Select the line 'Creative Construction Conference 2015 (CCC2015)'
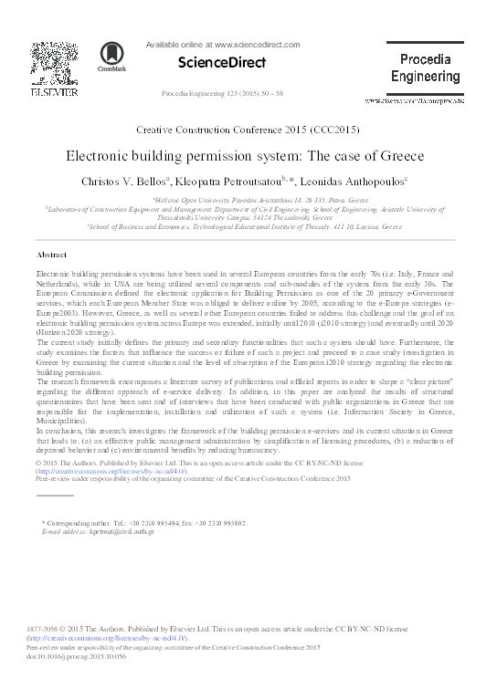click(248, 132)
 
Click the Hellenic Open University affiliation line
click(248, 199)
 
